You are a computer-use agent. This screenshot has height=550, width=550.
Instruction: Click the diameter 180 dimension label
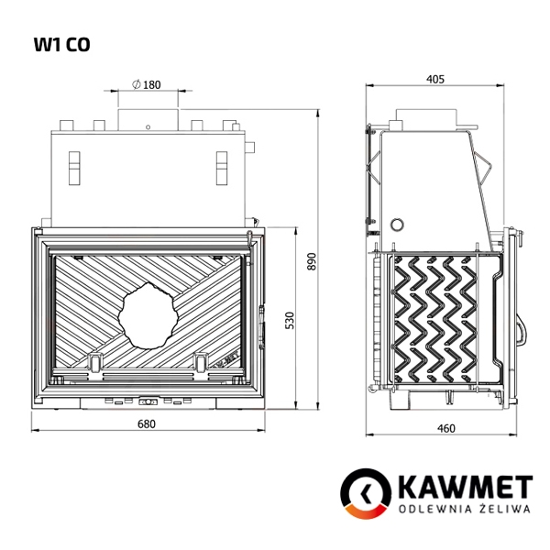pyautogui.click(x=147, y=84)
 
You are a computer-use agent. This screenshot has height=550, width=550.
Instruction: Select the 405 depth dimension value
pyautogui.click(x=435, y=80)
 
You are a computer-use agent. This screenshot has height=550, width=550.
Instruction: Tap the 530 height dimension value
pyautogui.click(x=290, y=320)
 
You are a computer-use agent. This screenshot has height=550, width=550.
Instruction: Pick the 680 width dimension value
pyautogui.click(x=147, y=423)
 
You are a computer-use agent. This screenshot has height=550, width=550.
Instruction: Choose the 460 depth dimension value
pyautogui.click(x=446, y=427)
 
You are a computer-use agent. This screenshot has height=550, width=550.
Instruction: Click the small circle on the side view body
pyautogui.click(x=397, y=224)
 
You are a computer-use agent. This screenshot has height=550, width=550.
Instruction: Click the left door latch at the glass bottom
pyautogui.click(x=94, y=363)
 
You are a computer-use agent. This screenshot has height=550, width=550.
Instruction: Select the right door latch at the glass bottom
pyautogui.click(x=202, y=363)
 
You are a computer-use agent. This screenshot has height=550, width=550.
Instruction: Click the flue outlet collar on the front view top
pyautogui.click(x=147, y=117)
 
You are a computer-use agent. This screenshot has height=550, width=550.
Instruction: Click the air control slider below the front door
pyautogui.click(x=147, y=401)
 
